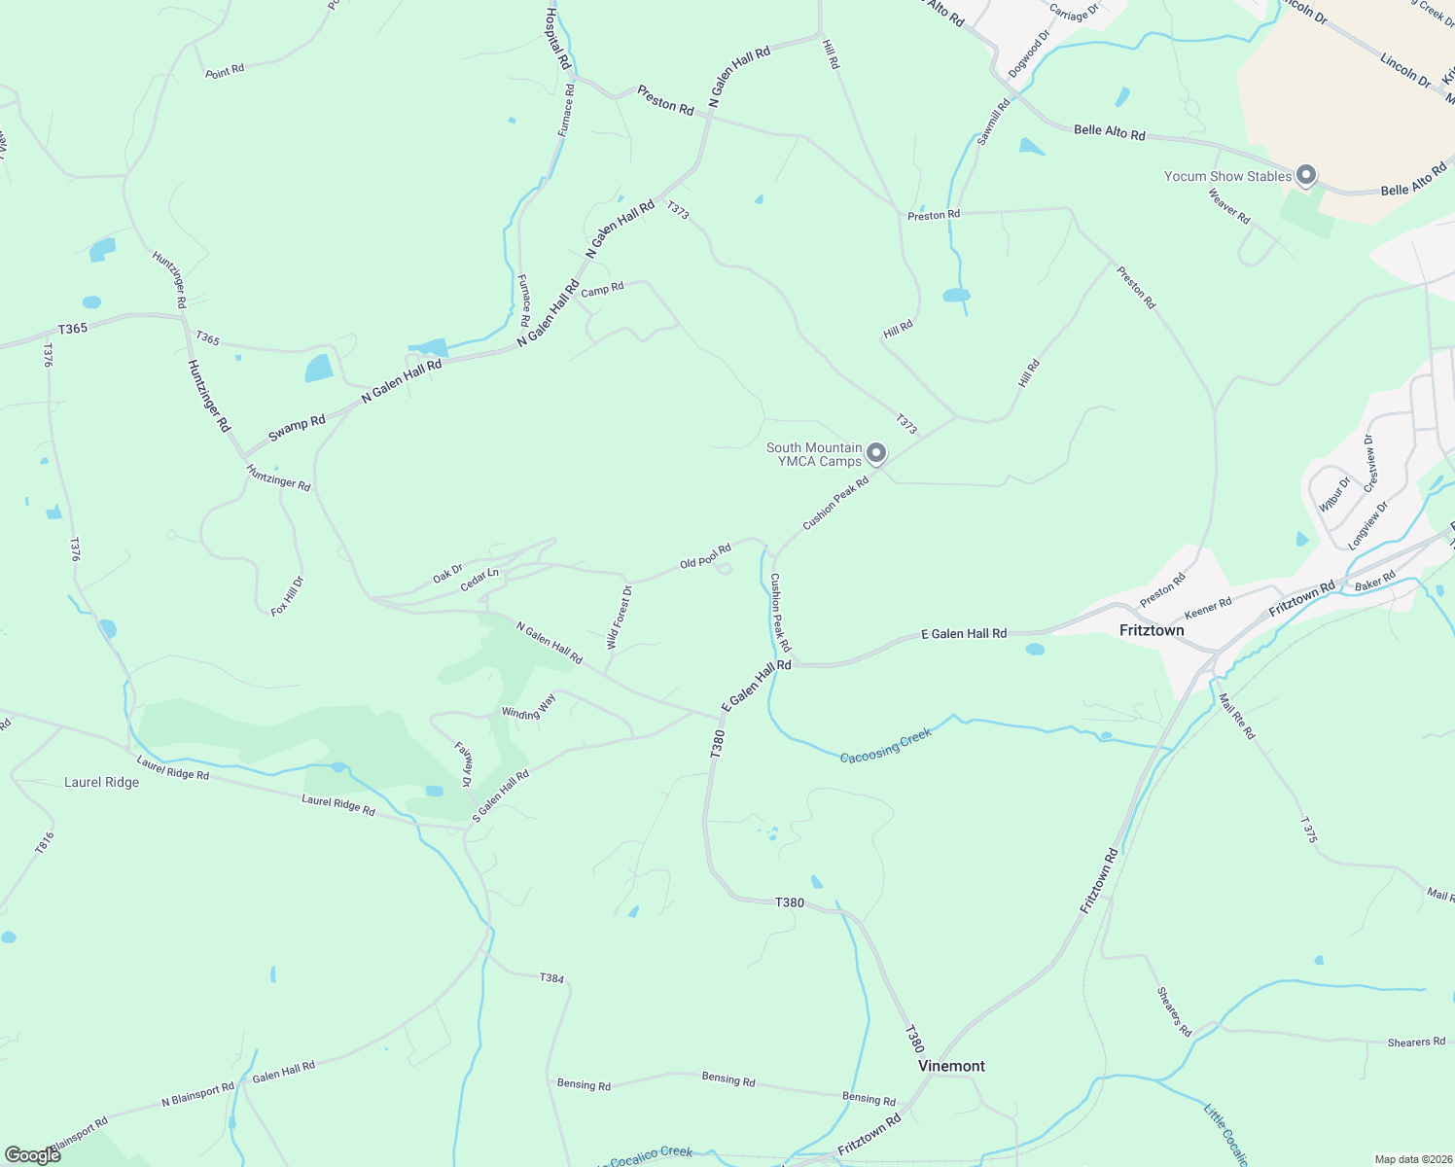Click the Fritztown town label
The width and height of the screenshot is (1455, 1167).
1152,630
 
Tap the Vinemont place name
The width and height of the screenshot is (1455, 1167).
951,1066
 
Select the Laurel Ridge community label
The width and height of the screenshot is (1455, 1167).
101,782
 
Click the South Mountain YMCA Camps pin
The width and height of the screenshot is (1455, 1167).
876,453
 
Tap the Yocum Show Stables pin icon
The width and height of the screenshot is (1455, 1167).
1306,175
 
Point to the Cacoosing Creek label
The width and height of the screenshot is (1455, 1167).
885,745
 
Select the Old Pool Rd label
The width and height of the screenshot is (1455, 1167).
705,556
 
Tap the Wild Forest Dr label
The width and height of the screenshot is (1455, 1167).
620,617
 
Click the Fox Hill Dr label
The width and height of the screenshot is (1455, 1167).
288,595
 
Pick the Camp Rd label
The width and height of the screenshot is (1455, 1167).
602,289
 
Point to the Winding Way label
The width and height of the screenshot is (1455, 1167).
528,713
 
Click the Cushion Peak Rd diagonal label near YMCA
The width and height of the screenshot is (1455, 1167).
834,503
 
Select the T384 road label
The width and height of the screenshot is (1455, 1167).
550,978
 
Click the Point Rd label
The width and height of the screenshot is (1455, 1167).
225,70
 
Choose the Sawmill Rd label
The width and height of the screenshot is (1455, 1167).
993,122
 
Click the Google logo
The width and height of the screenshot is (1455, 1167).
32,1154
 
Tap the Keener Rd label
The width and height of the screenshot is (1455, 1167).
1208,609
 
